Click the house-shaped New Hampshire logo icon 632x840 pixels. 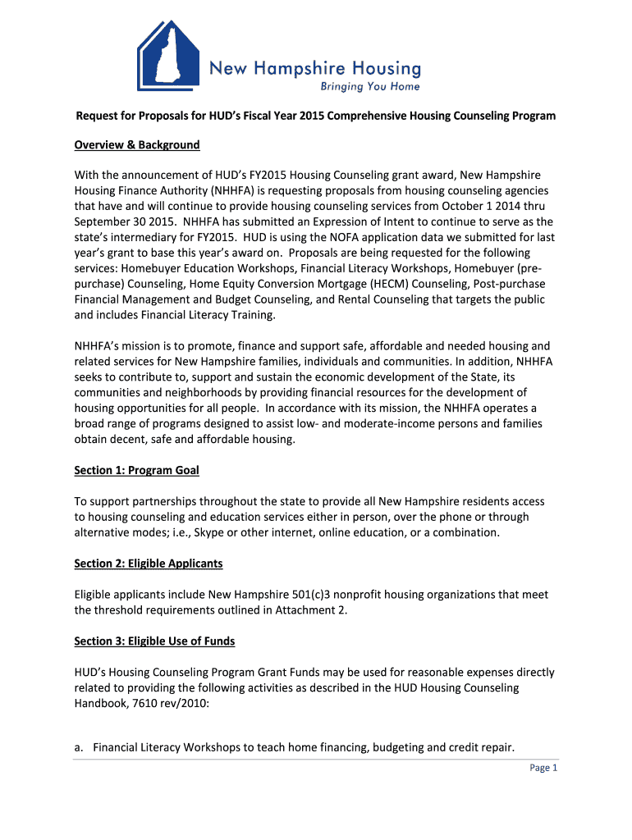click(x=167, y=57)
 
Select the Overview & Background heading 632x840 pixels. click(x=137, y=145)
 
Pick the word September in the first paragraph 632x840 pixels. click(x=105, y=221)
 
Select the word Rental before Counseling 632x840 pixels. click(x=332, y=299)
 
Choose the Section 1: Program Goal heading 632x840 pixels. click(x=137, y=470)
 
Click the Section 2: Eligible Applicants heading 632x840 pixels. click(x=149, y=564)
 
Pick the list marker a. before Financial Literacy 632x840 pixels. click(x=80, y=747)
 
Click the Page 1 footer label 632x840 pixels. click(x=543, y=768)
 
